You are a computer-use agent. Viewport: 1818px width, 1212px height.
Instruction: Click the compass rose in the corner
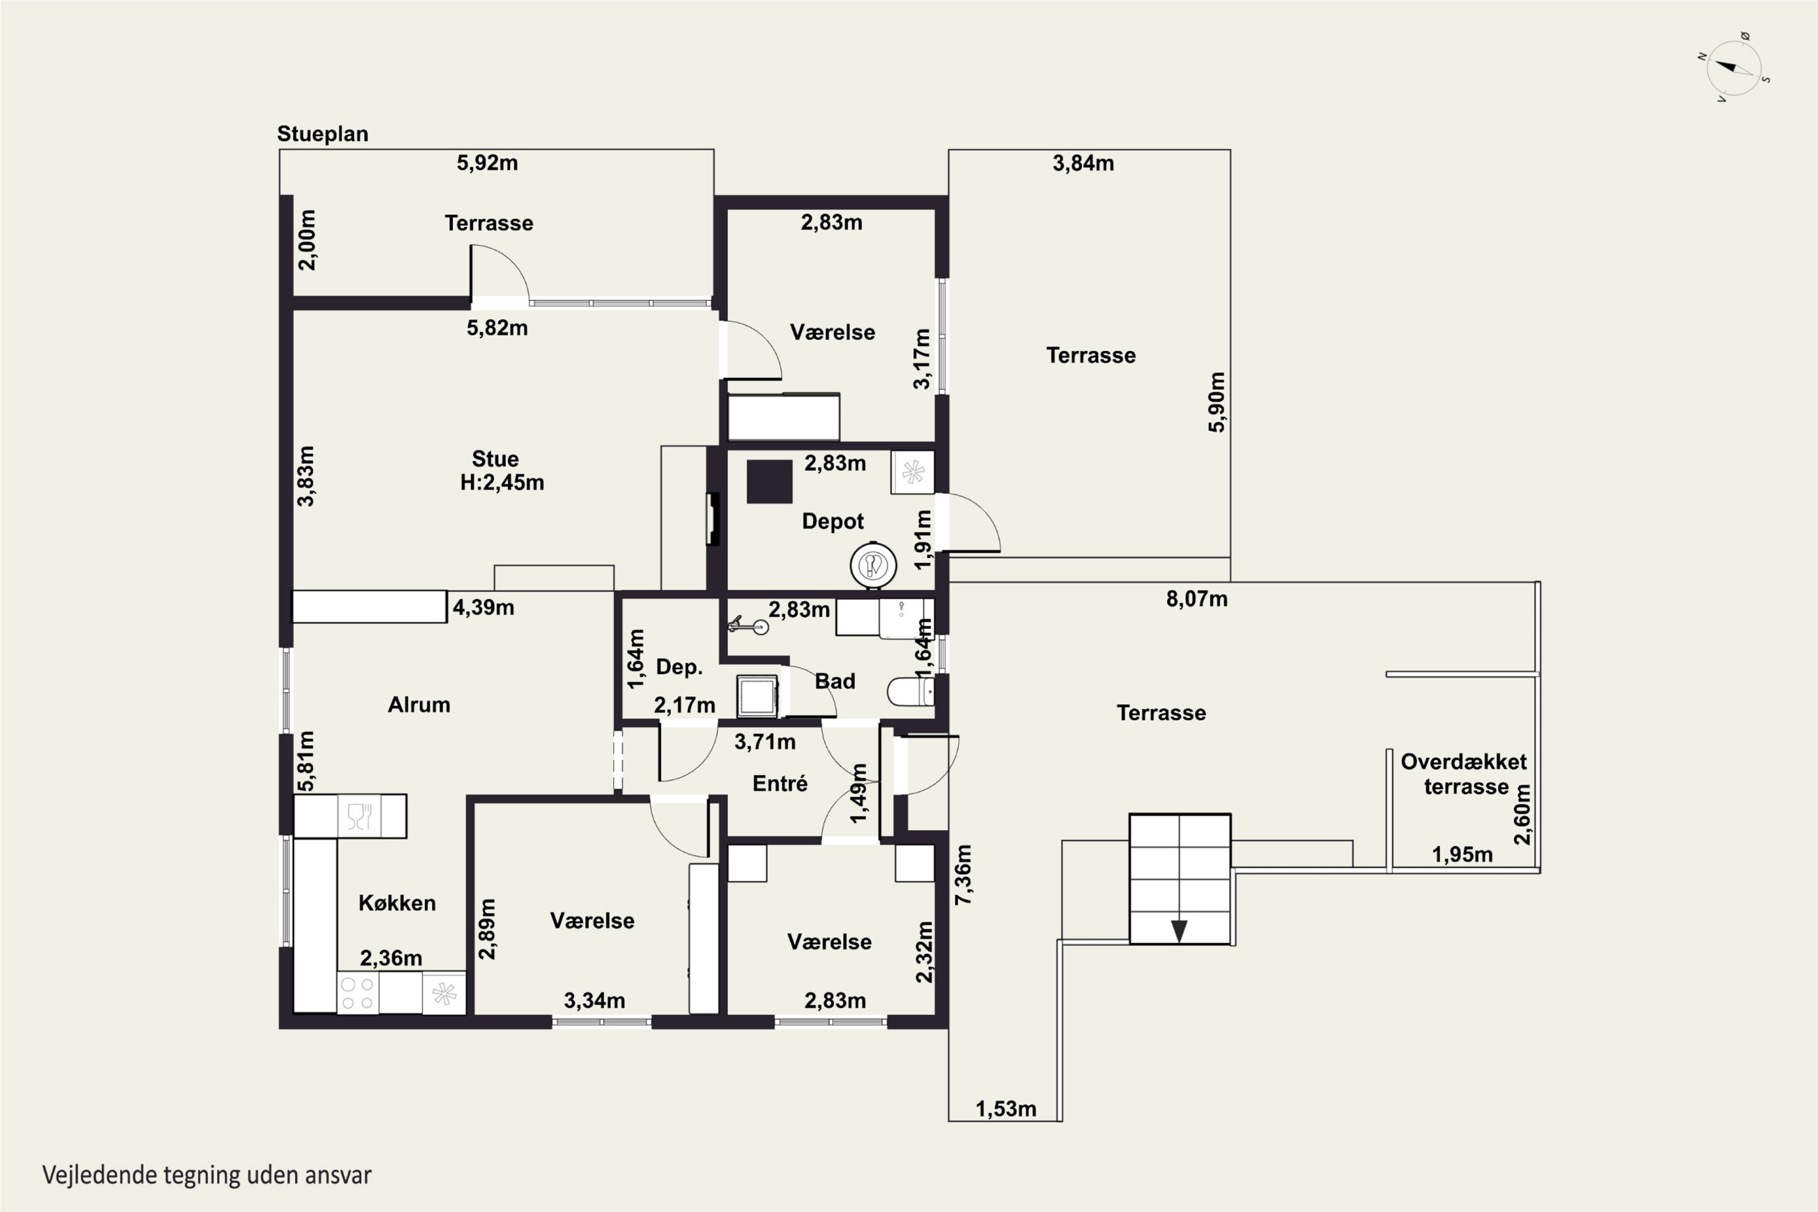pos(1734,68)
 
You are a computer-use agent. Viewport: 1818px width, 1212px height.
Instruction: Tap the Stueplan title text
pos(322,134)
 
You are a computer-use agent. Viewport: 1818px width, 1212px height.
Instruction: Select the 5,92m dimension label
pos(487,163)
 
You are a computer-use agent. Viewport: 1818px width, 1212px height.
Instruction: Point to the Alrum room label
pos(419,704)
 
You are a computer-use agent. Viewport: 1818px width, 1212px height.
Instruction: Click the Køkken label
pos(398,903)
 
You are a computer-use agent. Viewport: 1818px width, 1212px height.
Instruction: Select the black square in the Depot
pos(769,482)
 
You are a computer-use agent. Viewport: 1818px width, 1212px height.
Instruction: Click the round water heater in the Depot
pos(873,565)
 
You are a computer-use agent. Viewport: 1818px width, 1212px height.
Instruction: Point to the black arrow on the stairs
pos(1179,931)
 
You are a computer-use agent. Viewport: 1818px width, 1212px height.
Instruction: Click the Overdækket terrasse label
pos(1464,774)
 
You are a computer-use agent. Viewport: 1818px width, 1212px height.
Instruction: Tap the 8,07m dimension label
pos(1196,599)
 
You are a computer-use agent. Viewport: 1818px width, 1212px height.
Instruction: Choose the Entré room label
pos(780,783)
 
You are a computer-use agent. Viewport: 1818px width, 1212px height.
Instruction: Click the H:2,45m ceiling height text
pos(502,482)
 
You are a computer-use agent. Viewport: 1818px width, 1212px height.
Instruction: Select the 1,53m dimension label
pos(1005,1109)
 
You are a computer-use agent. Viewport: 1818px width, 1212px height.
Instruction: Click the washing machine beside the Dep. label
pos(757,696)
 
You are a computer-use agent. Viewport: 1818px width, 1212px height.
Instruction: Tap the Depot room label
pos(833,522)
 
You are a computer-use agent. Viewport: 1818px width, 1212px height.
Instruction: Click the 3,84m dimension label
pos(1083,163)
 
